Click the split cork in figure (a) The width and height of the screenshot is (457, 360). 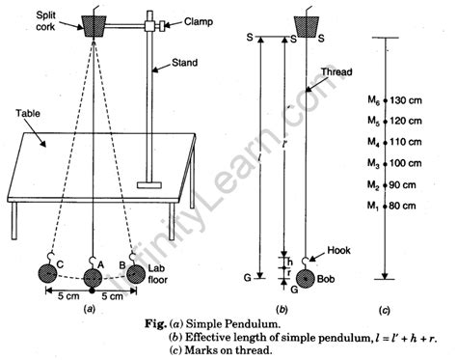click(94, 26)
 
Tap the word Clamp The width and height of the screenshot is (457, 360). click(199, 22)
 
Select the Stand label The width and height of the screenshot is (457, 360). click(184, 63)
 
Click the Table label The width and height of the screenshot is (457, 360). click(28, 113)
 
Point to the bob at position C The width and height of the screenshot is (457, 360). click(47, 274)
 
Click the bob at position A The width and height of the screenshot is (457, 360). click(93, 278)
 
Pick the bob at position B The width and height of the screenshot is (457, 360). click(136, 274)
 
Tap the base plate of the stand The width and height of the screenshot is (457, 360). click(149, 185)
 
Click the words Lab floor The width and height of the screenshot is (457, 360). click(158, 274)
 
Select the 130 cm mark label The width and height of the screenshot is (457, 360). click(406, 100)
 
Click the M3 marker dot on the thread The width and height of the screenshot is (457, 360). click(385, 164)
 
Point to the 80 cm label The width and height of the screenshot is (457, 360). click(402, 206)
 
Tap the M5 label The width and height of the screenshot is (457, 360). click(373, 121)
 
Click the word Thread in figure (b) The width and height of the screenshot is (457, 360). click(336, 71)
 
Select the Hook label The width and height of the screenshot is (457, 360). click(338, 250)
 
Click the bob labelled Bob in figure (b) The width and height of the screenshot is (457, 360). click(306, 279)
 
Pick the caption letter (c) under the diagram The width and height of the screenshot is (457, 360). click(385, 311)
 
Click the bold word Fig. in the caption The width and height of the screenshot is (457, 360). click(155, 323)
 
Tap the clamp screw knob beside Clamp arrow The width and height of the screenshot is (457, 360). click(163, 26)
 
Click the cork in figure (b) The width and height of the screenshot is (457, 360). click(307, 27)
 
